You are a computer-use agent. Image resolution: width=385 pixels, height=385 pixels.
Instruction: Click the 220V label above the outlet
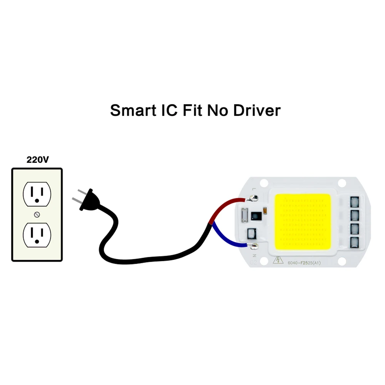coord(37,160)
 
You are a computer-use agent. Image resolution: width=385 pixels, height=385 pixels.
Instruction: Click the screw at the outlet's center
coord(37,214)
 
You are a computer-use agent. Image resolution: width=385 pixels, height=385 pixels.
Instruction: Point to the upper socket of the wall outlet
coord(37,193)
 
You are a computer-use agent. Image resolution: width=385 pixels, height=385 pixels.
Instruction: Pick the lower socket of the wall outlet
coord(37,235)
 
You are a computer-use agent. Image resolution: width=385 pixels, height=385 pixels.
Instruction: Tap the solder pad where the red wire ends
coord(253,198)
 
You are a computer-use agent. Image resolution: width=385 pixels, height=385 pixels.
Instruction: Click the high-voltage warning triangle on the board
coord(276,261)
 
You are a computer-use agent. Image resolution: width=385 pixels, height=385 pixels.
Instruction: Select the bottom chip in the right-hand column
coord(355,243)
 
